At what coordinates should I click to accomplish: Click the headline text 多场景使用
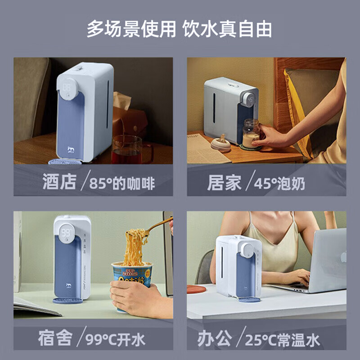pyautogui.click(x=131, y=29)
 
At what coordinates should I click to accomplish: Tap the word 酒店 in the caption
pyautogui.click(x=59, y=182)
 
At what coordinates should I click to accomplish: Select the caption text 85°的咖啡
pyautogui.click(x=122, y=184)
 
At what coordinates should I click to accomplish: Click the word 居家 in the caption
pyautogui.click(x=224, y=183)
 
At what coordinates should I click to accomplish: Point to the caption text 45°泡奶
pyautogui.click(x=279, y=184)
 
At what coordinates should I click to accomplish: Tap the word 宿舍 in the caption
pyautogui.click(x=55, y=338)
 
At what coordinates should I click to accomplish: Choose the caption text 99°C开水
pyautogui.click(x=115, y=340)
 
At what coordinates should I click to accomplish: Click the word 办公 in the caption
pyautogui.click(x=214, y=338)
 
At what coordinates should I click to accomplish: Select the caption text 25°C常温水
pyautogui.click(x=282, y=340)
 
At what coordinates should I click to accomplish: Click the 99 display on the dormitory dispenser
pyautogui.click(x=66, y=233)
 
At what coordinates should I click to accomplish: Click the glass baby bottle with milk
pyautogui.click(x=251, y=133)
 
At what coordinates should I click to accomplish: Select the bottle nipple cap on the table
pyautogui.click(x=220, y=144)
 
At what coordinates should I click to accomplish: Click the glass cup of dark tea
pyautogui.click(x=127, y=149)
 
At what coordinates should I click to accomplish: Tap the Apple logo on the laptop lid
pyautogui.click(x=343, y=256)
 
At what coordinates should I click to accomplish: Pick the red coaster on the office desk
pyautogui.click(x=196, y=289)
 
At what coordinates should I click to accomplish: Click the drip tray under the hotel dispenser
pyautogui.click(x=65, y=162)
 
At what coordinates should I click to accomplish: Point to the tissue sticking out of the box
pyautogui.click(x=121, y=100)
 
